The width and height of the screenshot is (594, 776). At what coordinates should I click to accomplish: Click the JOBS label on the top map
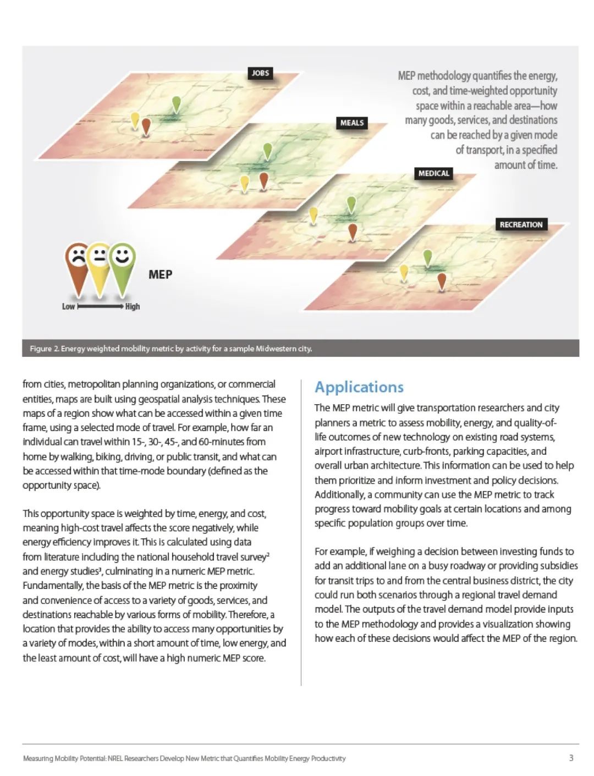pos(260,73)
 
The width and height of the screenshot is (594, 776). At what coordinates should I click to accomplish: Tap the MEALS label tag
pos(352,123)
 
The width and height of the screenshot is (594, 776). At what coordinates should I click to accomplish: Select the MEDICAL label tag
pos(433,173)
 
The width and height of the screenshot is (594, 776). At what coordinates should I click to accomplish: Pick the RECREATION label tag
pos(521,224)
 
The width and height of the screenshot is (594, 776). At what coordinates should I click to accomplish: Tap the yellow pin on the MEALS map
pos(244,183)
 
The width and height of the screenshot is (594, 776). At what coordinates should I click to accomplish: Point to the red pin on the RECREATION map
pos(441,281)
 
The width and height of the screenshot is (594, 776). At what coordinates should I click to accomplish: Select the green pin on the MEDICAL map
pos(351,204)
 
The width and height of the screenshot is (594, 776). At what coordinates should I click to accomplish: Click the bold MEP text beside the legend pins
pos(160,274)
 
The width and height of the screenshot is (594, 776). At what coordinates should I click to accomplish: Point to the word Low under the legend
pos(68,306)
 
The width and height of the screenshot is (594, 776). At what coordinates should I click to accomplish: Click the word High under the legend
pos(133,306)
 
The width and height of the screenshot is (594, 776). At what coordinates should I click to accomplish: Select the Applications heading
pos(359,387)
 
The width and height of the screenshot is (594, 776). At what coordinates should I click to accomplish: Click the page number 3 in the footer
pos(571,758)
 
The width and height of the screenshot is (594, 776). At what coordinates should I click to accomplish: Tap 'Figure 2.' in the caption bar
pos(44,349)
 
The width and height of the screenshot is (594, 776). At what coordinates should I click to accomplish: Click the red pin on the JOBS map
pos(146,125)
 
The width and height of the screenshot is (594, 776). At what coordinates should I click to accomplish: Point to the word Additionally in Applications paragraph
pos(340,494)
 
